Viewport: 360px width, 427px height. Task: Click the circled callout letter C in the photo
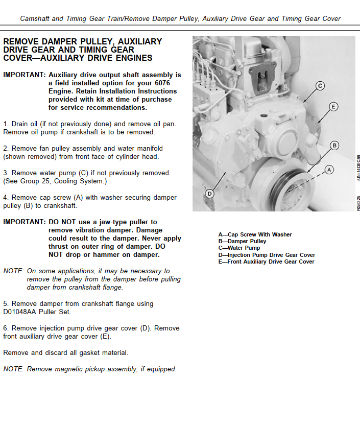coord(320,86)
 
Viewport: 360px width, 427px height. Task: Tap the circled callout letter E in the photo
coord(333,107)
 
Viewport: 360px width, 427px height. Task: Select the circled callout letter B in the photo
coord(334,146)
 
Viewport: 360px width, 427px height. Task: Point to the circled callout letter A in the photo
coord(329,169)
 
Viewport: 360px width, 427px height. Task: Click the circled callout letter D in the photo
coord(209,194)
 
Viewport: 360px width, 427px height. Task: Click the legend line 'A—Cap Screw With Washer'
coord(255,235)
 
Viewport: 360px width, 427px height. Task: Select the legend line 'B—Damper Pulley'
coord(242,242)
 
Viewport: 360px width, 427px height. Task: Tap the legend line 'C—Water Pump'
coord(239,248)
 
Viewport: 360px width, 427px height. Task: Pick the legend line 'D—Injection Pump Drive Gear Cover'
coord(267,255)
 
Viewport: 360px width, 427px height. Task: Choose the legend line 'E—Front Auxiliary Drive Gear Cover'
coord(266,262)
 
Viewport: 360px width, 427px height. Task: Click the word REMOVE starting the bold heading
coord(21,41)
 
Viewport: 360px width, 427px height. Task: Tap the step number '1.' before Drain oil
coord(6,124)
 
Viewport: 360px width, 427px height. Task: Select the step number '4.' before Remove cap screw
coord(6,198)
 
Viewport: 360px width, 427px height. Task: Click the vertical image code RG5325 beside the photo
coord(358,203)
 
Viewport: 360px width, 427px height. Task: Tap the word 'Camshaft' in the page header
coord(35,19)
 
